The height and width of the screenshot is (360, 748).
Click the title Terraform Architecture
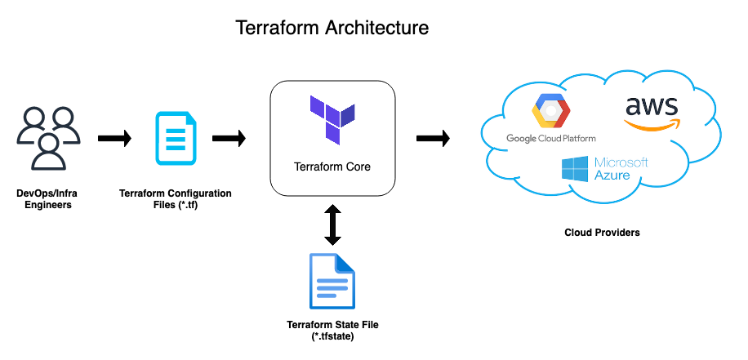pos(332,28)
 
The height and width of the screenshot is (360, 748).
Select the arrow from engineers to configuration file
pos(114,139)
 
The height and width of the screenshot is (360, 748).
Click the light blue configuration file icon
pos(176,139)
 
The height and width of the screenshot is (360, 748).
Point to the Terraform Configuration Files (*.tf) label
pos(175,199)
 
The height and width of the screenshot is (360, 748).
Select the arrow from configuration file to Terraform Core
pos(229,139)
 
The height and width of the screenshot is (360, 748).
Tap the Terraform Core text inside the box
pos(332,167)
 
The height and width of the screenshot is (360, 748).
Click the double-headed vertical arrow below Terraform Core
pos(332,224)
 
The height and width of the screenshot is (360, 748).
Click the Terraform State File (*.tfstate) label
pos(332,330)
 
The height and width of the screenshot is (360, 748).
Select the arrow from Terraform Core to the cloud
pos(433,139)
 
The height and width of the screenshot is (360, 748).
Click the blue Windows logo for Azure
pos(575,169)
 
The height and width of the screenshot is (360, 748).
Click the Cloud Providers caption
pos(602,233)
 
